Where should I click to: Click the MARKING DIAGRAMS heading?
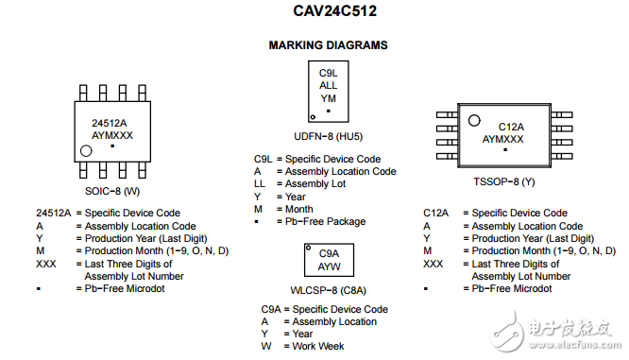[328, 45]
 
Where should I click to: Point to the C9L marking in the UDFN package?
[328, 73]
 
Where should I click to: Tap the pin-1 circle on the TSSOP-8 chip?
[478, 122]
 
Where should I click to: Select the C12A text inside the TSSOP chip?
[511, 127]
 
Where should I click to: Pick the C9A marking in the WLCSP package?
[329, 253]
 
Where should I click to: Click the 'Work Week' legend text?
[318, 346]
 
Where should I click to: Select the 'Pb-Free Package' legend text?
[325, 221]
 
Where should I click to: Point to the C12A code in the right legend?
[435, 214]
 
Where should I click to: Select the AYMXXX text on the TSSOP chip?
[506, 139]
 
